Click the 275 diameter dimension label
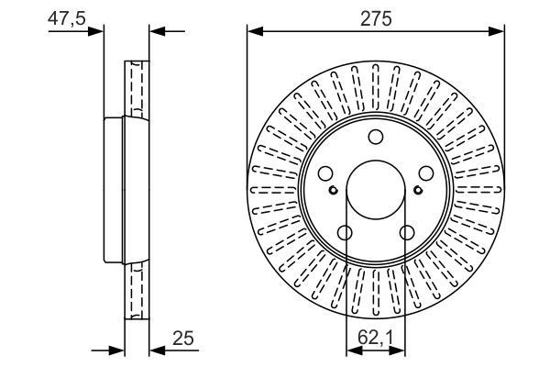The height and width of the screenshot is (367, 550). point(376,17)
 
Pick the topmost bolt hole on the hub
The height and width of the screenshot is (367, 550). point(376,138)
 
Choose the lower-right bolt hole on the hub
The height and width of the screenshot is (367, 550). point(406,233)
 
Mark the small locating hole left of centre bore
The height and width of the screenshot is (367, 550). point(335,190)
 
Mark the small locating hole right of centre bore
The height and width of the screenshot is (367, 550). point(418,190)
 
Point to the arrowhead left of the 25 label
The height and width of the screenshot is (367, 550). point(155,349)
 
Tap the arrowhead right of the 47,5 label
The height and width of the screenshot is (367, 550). point(98,31)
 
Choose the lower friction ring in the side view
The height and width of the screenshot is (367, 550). point(136,289)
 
